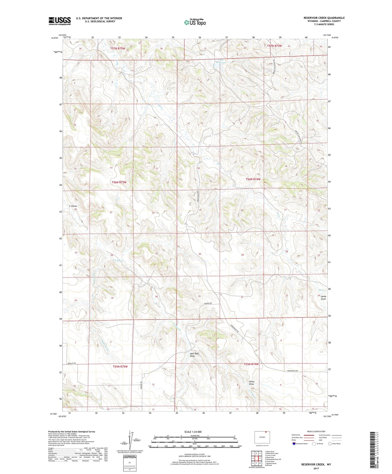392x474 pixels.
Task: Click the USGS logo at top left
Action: point(60,21)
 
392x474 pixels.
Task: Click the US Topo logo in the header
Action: point(195,22)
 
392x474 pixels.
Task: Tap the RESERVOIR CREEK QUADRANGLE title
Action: point(324,18)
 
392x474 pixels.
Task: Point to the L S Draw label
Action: point(73,206)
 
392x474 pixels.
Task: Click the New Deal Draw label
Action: point(194,355)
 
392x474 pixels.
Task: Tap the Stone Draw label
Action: point(251,383)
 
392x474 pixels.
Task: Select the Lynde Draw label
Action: point(323,298)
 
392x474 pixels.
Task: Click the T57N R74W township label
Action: point(274,46)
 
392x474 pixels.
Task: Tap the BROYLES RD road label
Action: point(71,363)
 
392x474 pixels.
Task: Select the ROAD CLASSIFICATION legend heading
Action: point(316,431)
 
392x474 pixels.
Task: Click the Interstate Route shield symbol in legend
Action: point(294,444)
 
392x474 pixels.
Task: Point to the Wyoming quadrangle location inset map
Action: point(262,437)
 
